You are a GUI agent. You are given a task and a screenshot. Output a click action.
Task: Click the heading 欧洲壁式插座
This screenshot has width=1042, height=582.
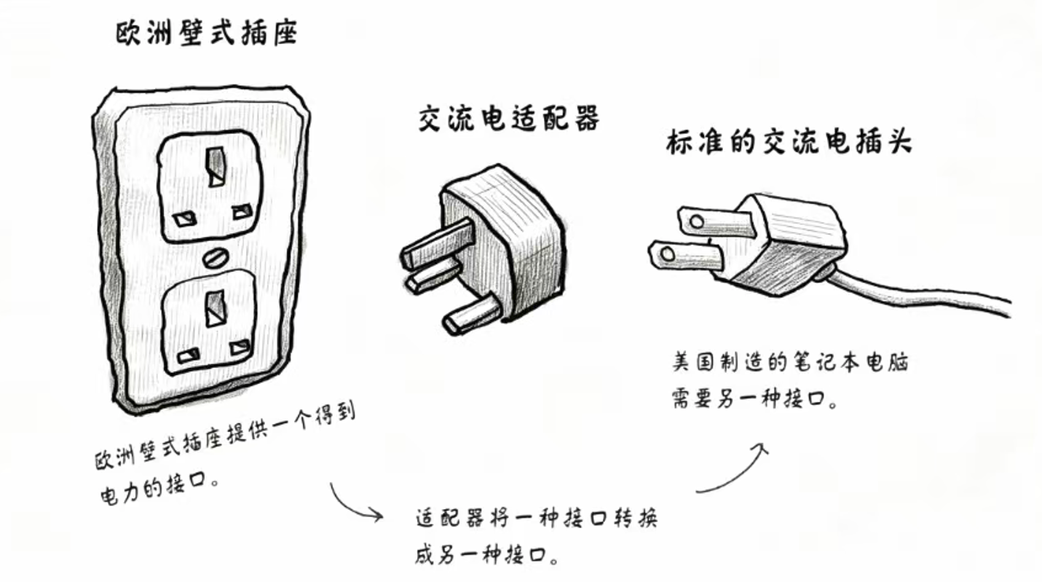tap(207, 34)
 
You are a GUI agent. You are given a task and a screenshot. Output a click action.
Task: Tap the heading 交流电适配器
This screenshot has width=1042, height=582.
tap(509, 119)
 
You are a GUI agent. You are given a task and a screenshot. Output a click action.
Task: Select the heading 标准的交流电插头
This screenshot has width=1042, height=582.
tap(789, 143)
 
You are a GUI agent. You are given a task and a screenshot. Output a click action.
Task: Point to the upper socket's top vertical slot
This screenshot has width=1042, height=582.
tap(216, 167)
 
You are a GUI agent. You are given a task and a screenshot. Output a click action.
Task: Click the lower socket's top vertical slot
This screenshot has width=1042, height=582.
tap(215, 308)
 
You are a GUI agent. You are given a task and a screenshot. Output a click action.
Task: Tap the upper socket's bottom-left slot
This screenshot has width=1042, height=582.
tap(184, 219)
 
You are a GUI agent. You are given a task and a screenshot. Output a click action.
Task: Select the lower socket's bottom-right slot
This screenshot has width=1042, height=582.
tap(240, 347)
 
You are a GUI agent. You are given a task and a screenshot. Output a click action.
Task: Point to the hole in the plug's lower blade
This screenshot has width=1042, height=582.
tap(666, 254)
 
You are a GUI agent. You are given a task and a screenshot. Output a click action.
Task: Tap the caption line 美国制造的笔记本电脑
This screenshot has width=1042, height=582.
tap(790, 363)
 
